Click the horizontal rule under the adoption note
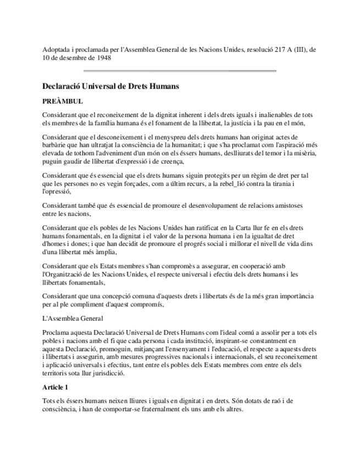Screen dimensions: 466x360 (179, 71)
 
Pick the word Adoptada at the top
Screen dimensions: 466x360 (56, 49)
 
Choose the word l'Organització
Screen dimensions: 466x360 (67, 274)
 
